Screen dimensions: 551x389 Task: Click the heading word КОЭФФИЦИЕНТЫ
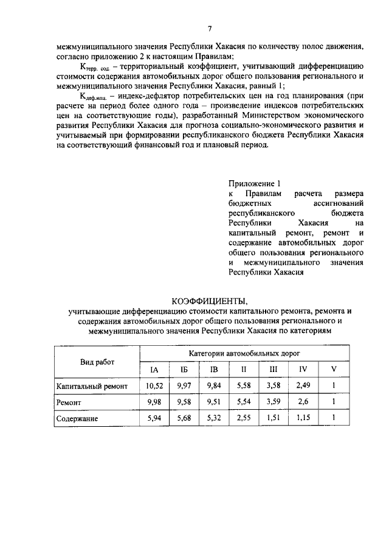(210, 301)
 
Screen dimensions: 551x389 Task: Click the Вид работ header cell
(97, 362)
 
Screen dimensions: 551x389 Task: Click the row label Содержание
(77, 419)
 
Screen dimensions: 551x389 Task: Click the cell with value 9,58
(184, 402)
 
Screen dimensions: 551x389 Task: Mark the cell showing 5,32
(214, 419)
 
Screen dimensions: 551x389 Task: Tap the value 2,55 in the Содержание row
(243, 419)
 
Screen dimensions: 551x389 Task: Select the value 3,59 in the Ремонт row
(273, 402)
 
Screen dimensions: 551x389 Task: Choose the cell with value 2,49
(303, 386)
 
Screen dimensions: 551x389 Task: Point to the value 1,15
(303, 419)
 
